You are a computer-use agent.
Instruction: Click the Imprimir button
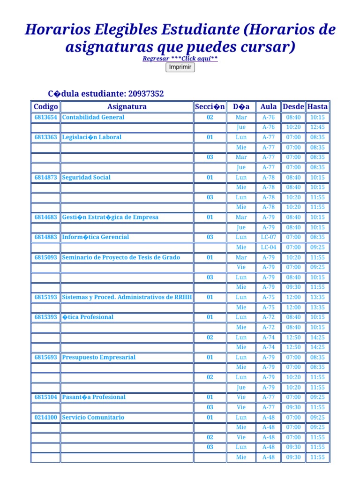(180, 67)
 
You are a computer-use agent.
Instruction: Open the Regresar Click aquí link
(180, 59)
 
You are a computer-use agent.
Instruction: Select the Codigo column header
(45, 107)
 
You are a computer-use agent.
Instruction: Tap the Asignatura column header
(127, 107)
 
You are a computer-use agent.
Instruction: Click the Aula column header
(269, 107)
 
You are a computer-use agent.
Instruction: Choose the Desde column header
(293, 107)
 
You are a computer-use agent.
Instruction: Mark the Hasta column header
(317, 107)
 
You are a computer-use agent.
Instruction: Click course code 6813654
(45, 117)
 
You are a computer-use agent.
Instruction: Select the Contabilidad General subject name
(93, 117)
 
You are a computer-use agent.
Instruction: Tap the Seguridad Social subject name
(86, 177)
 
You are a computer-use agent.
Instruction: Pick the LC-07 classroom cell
(269, 237)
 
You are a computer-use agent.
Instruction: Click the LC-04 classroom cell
(269, 247)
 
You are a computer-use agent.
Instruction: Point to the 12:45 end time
(317, 127)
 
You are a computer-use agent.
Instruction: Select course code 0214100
(45, 417)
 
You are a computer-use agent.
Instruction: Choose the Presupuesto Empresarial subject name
(99, 357)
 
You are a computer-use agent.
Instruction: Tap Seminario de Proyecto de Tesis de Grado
(121, 257)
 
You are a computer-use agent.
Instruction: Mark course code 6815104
(45, 397)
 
